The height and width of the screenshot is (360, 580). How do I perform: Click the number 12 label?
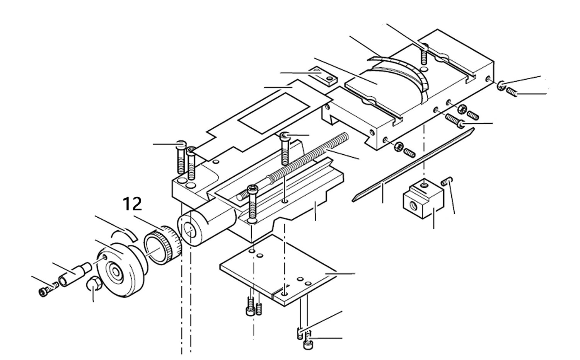click(133, 204)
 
